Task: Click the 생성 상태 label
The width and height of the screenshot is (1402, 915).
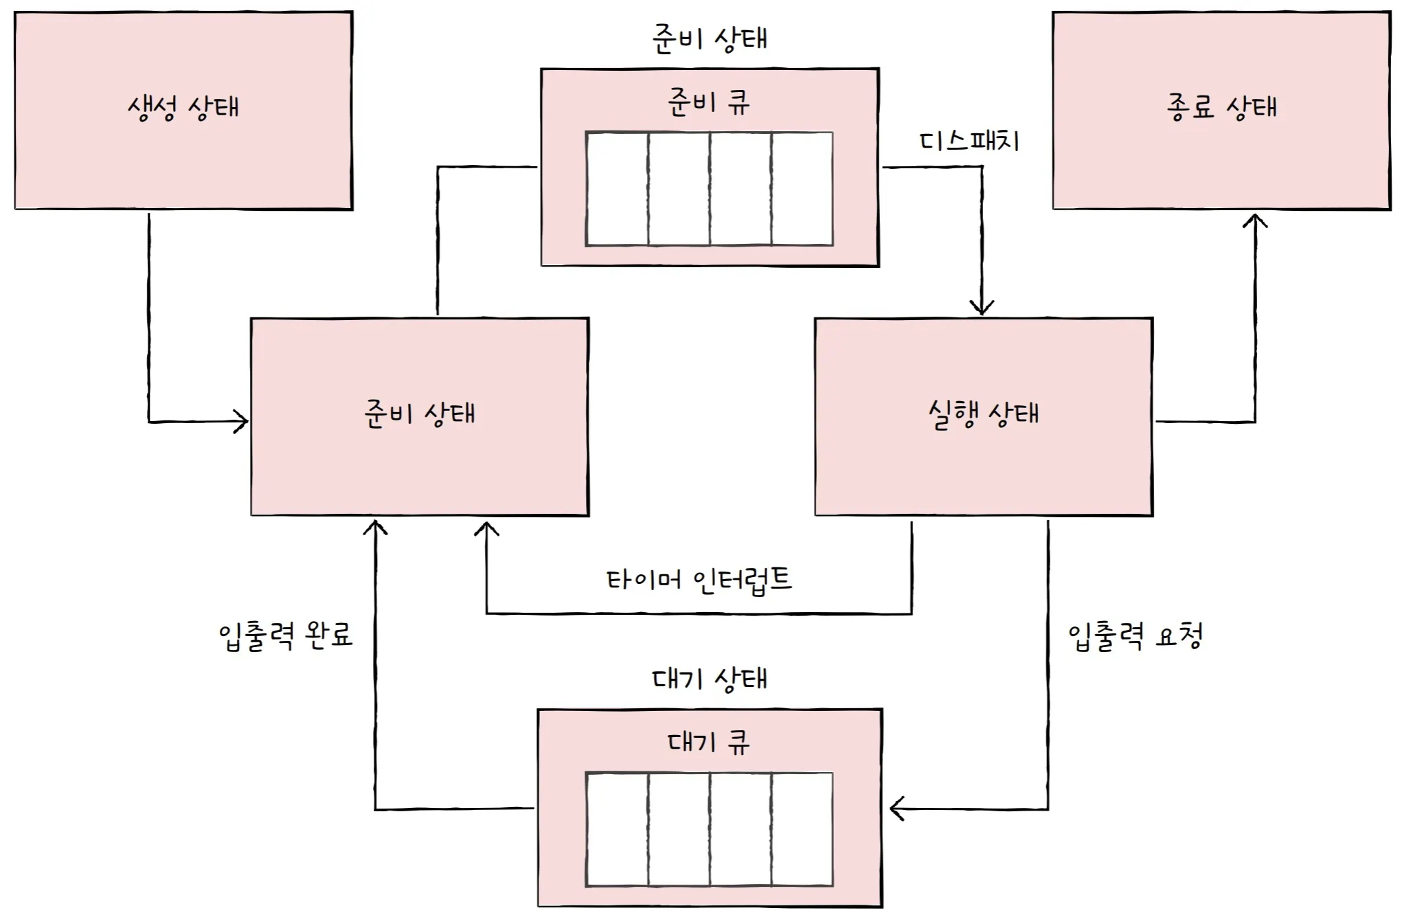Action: tap(183, 108)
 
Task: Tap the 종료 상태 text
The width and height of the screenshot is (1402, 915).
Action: tap(1221, 108)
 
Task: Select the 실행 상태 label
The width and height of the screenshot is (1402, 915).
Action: tap(984, 414)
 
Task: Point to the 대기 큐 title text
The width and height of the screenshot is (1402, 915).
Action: tap(709, 743)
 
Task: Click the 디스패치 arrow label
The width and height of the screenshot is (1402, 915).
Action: tap(969, 142)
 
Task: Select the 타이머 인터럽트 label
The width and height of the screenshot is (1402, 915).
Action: tap(699, 580)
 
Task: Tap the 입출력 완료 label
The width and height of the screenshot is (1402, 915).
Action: tap(286, 635)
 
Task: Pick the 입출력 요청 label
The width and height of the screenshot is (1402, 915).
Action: tap(1135, 636)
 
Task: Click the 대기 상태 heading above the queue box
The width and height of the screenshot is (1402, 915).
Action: tap(710, 679)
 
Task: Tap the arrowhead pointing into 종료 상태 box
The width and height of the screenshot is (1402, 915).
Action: tap(1255, 221)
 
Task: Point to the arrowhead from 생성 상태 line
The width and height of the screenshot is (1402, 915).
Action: tap(241, 421)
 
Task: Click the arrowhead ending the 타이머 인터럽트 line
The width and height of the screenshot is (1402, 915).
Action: tap(486, 529)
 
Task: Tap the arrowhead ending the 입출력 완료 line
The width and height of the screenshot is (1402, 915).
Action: tap(375, 528)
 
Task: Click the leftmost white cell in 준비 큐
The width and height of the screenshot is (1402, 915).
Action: tap(617, 189)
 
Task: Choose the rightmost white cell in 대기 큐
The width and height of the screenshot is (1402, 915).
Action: tap(802, 829)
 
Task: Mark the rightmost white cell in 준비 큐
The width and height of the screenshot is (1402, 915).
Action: tap(802, 189)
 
